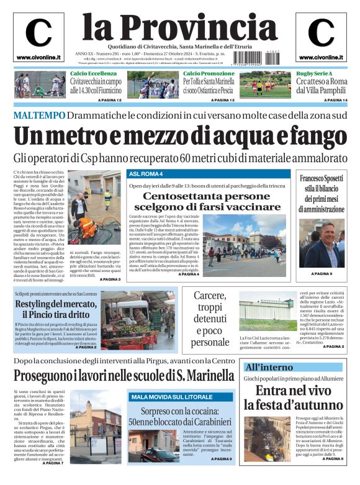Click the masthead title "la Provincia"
pyautogui.click(x=179, y=27)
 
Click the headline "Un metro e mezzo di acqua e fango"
pyautogui.click(x=179, y=137)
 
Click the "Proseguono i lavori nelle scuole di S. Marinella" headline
pyautogui.click(x=124, y=376)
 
